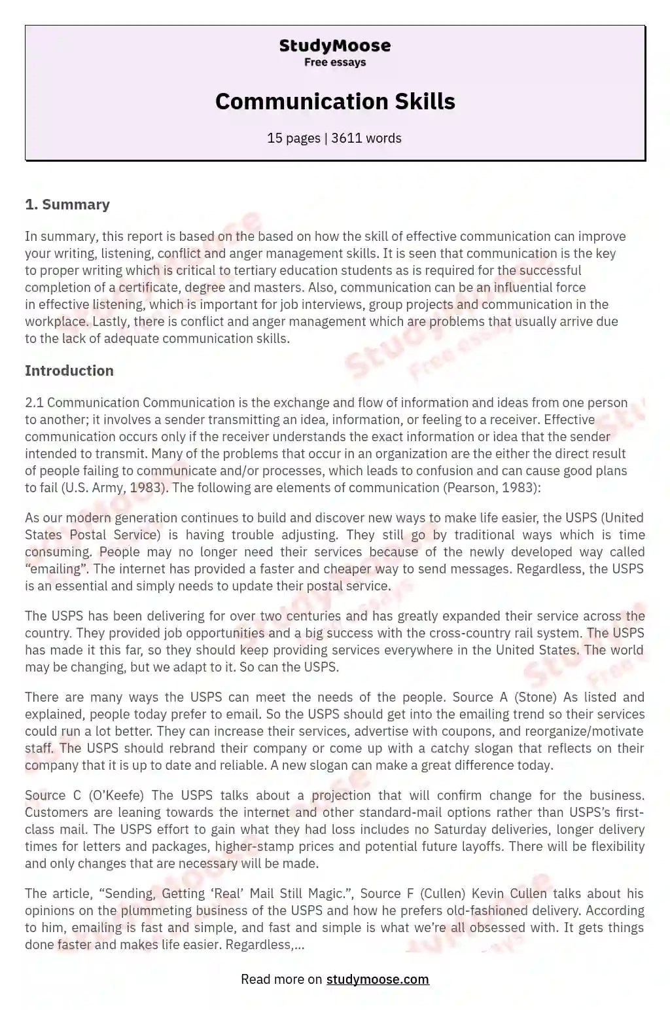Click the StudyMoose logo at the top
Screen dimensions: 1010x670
coord(334,46)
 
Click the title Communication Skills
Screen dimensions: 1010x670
coord(334,101)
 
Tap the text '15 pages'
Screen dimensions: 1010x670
coord(293,138)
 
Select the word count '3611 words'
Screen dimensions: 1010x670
coord(366,138)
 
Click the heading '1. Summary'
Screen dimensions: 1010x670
coord(67,204)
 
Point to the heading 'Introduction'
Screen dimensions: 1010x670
coord(69,370)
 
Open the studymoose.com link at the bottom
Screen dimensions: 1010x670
coord(378,979)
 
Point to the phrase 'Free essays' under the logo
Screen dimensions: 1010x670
coord(334,62)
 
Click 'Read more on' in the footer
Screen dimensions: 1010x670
coord(281,979)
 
